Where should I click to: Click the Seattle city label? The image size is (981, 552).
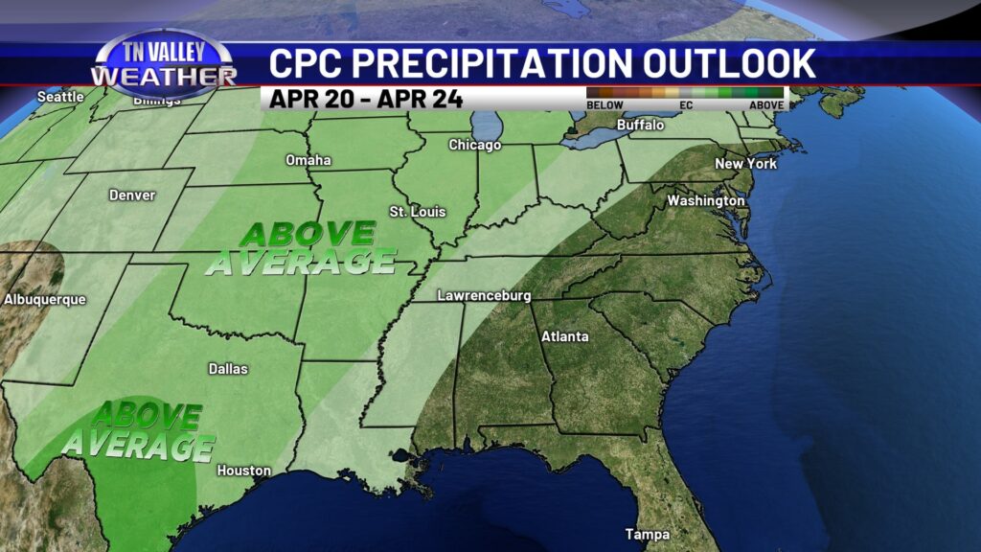59,97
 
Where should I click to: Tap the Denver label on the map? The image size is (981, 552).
132,195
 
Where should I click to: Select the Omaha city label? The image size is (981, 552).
308,160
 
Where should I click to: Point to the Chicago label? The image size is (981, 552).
475,146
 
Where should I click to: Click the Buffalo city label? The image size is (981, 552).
640,126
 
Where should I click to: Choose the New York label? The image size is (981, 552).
745,164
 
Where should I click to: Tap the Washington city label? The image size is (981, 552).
706,201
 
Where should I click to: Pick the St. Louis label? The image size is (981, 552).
418,211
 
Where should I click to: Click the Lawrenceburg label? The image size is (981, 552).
484,296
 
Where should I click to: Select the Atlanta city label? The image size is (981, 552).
565,336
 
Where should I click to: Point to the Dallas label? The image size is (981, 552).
228,369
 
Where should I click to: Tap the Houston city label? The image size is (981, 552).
243,471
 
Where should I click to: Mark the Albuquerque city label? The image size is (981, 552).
45,300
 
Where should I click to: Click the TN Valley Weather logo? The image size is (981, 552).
163,64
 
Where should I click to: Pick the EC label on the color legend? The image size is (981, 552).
685,105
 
